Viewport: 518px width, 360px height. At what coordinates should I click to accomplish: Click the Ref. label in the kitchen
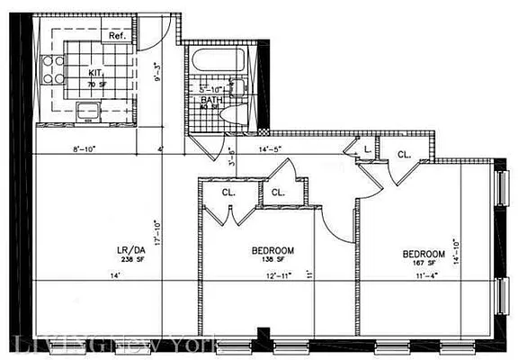pyautogui.click(x=116, y=37)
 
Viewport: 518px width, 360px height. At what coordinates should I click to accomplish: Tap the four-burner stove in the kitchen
pyautogui.click(x=49, y=68)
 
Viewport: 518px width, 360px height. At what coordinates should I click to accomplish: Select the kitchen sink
pyautogui.click(x=89, y=112)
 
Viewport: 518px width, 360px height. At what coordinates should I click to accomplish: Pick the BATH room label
pyautogui.click(x=211, y=100)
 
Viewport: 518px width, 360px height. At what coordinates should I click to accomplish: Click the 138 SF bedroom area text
pyautogui.click(x=272, y=259)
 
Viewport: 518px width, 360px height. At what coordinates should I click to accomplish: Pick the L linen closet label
pyautogui.click(x=367, y=149)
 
